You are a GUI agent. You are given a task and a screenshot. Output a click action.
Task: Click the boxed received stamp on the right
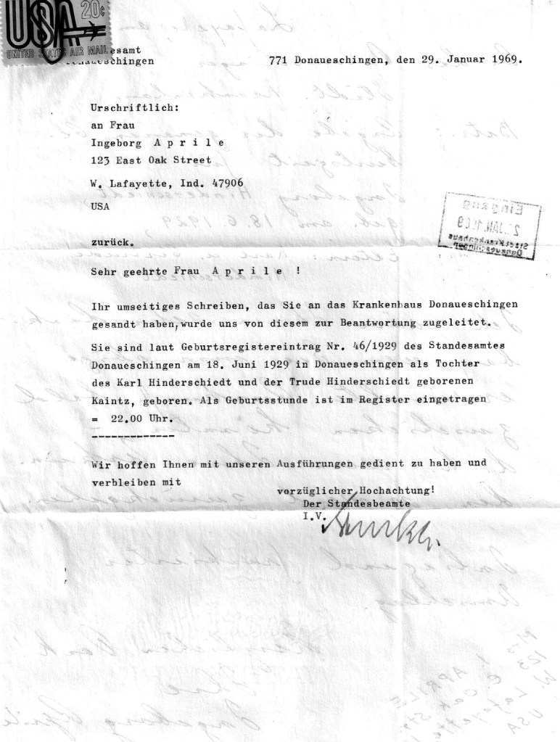pos(490,226)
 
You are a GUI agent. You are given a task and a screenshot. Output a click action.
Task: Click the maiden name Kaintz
pos(110,399)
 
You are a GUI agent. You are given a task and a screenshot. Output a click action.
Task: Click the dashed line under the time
pos(133,436)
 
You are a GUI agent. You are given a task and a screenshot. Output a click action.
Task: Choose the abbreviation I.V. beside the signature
pos(311,516)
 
